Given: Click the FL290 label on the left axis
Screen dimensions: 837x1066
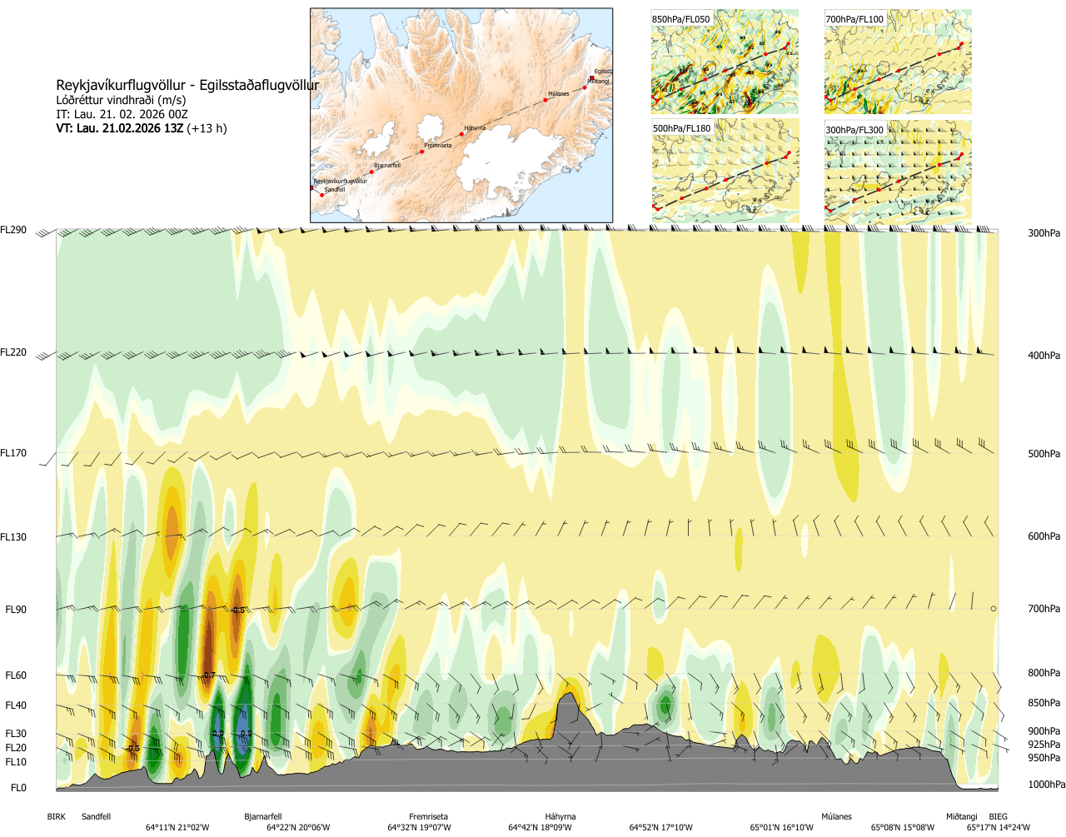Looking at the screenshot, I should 13,230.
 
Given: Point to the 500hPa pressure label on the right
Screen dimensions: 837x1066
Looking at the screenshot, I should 1044,454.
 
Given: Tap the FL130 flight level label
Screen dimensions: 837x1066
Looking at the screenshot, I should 13,537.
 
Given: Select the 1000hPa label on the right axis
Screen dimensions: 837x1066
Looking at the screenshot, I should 1046,785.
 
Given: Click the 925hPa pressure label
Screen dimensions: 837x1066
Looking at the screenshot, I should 1044,745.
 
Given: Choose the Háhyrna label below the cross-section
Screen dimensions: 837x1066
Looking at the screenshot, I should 560,817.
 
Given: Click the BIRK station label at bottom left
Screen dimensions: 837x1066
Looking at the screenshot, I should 56,817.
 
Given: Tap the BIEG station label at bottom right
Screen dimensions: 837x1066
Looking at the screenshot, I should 998,817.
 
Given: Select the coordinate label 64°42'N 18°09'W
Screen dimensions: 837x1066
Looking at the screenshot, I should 540,828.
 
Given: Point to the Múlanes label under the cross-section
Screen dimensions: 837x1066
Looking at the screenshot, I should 836,817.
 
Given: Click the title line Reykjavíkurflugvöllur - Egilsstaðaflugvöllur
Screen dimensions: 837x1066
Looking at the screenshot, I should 187,85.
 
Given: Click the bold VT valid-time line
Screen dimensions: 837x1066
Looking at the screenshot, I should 142,128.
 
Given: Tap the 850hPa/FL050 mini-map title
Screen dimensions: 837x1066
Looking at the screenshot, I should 681,19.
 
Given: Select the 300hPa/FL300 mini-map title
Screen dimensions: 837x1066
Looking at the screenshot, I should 854,130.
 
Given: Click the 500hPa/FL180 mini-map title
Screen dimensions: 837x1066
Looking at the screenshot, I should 682,129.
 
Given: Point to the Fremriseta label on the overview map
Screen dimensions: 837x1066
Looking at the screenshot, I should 438,146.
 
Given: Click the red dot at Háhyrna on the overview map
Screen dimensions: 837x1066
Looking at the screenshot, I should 463,132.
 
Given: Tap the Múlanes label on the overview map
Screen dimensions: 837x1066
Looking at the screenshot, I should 558,94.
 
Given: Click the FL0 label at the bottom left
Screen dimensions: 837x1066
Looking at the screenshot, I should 18,788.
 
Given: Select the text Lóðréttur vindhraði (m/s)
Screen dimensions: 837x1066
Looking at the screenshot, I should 121,100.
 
